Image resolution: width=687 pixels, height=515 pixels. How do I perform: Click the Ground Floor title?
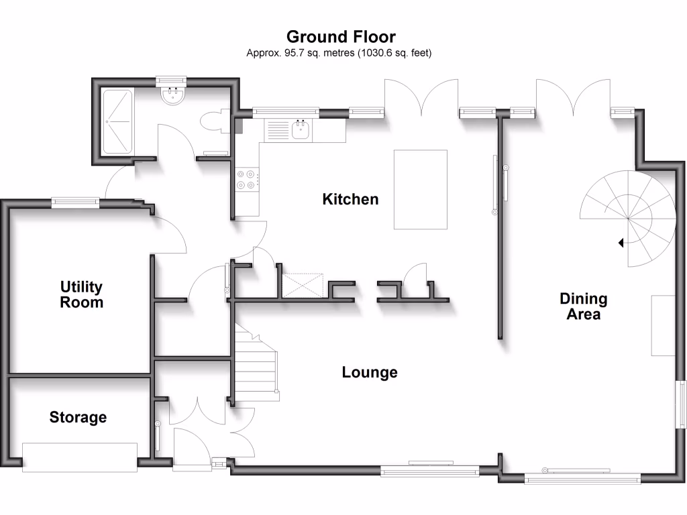(x=341, y=37)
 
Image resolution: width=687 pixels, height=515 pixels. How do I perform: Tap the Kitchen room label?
(x=350, y=199)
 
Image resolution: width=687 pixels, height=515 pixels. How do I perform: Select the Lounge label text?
(x=370, y=372)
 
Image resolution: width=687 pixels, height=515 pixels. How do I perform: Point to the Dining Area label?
(x=584, y=306)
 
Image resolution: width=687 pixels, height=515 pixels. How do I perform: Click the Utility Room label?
(x=82, y=294)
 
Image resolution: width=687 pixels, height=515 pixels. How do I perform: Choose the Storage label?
(x=78, y=417)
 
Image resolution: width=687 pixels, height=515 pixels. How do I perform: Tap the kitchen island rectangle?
(x=421, y=190)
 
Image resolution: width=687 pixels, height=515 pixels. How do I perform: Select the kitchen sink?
(x=301, y=129)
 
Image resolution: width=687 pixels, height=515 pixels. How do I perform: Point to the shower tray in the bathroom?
(x=118, y=121)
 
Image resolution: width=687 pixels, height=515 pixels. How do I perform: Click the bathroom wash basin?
(x=173, y=96)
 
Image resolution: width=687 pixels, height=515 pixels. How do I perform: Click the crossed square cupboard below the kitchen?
(x=304, y=285)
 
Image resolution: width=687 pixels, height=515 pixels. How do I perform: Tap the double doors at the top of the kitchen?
(x=421, y=97)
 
